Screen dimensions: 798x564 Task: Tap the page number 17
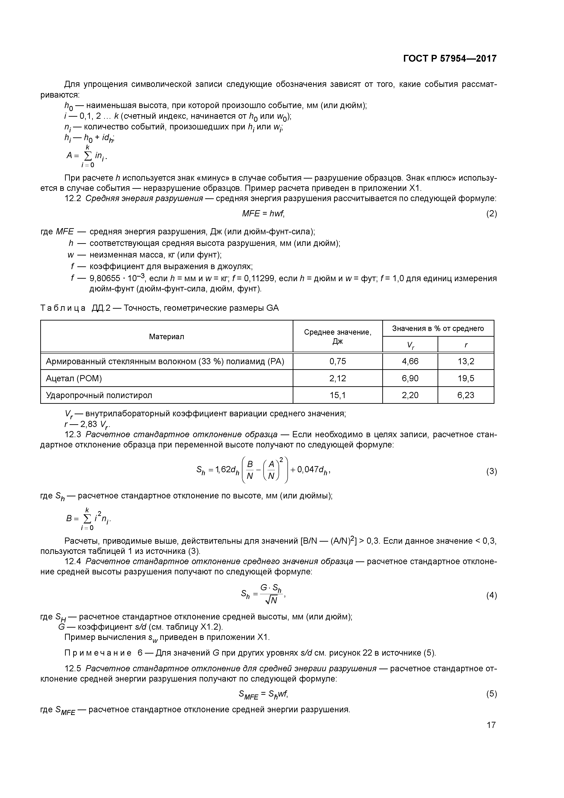point(491,725)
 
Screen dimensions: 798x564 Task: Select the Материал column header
point(166,336)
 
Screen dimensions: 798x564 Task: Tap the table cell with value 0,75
point(337,361)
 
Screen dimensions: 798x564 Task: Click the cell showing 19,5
point(466,378)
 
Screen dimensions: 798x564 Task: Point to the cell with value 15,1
point(337,395)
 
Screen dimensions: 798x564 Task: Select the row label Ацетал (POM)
point(74,378)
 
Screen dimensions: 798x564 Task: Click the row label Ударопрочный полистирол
point(99,395)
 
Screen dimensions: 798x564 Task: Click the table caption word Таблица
point(63,308)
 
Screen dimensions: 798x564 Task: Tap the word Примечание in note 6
point(98,653)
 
